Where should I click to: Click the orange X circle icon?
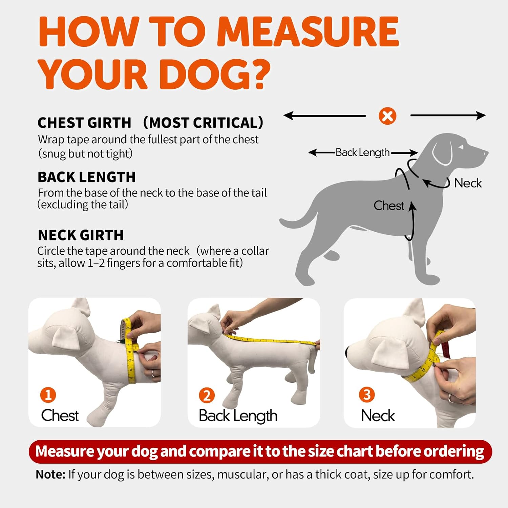pyautogui.click(x=387, y=116)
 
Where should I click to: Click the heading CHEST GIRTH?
pyautogui.click(x=84, y=123)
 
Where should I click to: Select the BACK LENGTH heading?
pyautogui.click(x=87, y=177)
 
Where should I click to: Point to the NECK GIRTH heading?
pyautogui.click(x=81, y=235)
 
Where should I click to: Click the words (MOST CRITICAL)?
pyautogui.click(x=203, y=123)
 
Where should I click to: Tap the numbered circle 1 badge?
pyautogui.click(x=48, y=395)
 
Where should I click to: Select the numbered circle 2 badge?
pyautogui.click(x=207, y=395)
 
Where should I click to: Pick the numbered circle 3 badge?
pyautogui.click(x=367, y=395)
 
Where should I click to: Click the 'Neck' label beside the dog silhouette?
pyautogui.click(x=468, y=183)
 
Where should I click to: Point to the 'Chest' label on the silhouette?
pyautogui.click(x=389, y=206)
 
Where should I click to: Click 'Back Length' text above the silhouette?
pyautogui.click(x=363, y=153)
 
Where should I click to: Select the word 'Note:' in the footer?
pyautogui.click(x=50, y=474)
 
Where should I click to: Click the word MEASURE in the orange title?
pyautogui.click(x=308, y=31)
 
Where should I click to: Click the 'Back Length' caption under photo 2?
pyautogui.click(x=238, y=416)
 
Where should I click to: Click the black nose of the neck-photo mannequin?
pyautogui.click(x=347, y=352)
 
